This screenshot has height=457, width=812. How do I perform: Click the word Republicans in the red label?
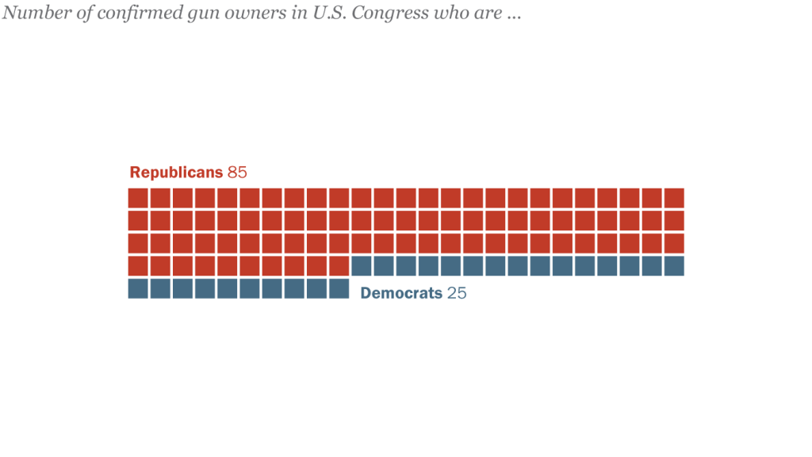pyautogui.click(x=176, y=173)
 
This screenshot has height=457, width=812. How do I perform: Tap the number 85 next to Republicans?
pyautogui.click(x=238, y=173)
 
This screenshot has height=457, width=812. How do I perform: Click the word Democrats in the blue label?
pyautogui.click(x=401, y=293)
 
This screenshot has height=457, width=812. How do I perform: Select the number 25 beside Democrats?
pyautogui.click(x=457, y=293)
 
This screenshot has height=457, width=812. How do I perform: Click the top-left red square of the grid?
pyautogui.click(x=138, y=198)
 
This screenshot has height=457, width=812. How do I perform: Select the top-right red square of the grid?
pyautogui.click(x=674, y=198)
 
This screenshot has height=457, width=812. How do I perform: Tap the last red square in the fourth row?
pyautogui.click(x=339, y=266)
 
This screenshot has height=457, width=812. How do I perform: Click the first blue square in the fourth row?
pyautogui.click(x=362, y=266)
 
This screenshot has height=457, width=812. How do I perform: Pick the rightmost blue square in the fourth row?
pyautogui.click(x=674, y=266)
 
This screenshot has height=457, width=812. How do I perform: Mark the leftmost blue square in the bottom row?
pyautogui.click(x=138, y=288)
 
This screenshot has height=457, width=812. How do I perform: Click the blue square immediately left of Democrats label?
pyautogui.click(x=339, y=288)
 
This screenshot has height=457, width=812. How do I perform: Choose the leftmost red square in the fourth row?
pyautogui.click(x=138, y=266)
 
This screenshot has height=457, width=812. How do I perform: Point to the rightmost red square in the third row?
pyautogui.click(x=674, y=243)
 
